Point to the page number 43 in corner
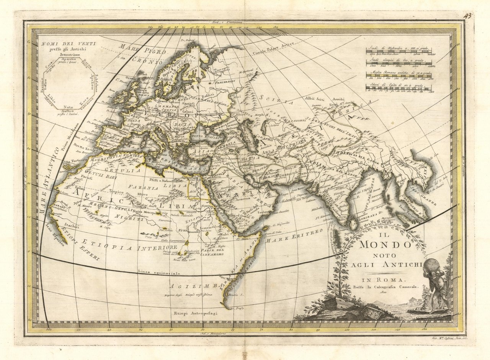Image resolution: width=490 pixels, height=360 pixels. point(467,16)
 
